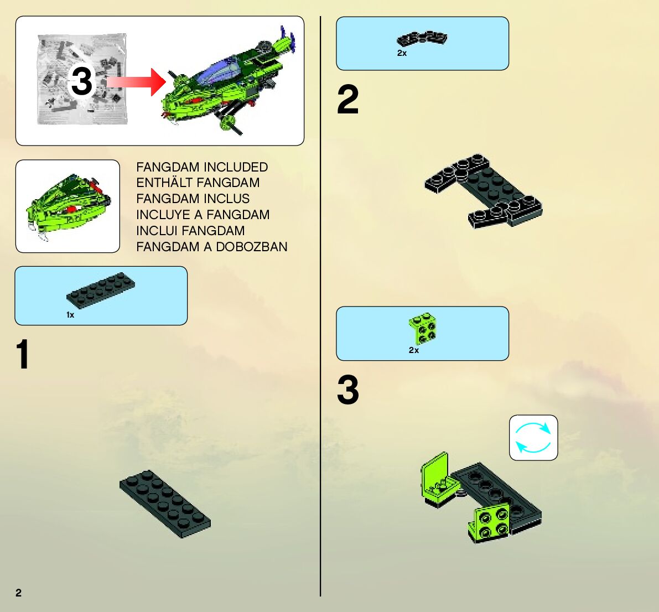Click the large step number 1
pyautogui.click(x=23, y=354)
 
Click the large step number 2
pyautogui.click(x=348, y=99)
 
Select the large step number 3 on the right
pyautogui.click(x=348, y=390)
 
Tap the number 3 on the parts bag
pyautogui.click(x=81, y=81)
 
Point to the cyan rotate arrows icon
pyautogui.click(x=533, y=438)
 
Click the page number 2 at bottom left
pyautogui.click(x=18, y=593)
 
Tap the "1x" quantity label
pyautogui.click(x=70, y=315)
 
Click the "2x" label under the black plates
pyautogui.click(x=402, y=53)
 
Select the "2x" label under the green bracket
pyautogui.click(x=413, y=350)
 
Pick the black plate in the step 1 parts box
pyautogui.click(x=101, y=290)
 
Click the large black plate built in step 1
pyautogui.click(x=165, y=504)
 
